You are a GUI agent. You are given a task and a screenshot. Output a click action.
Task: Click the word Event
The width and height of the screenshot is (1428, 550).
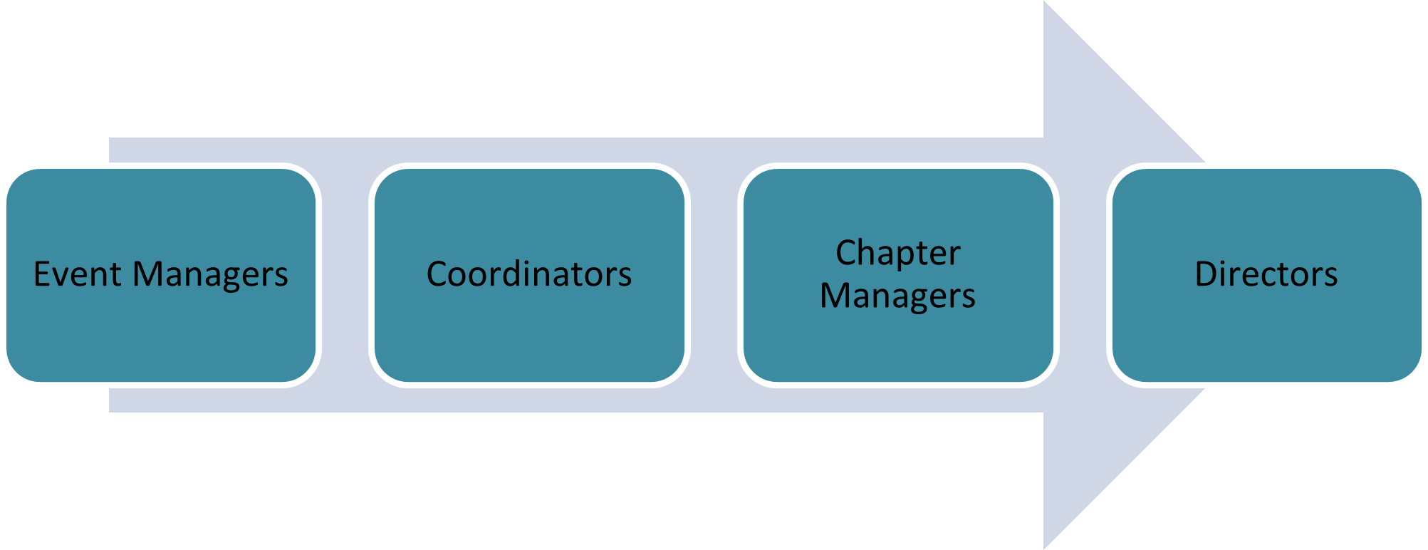(77, 274)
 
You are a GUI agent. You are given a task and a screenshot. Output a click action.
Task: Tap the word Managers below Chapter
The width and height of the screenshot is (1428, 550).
(897, 296)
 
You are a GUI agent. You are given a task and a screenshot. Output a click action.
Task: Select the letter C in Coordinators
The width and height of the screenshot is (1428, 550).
(437, 274)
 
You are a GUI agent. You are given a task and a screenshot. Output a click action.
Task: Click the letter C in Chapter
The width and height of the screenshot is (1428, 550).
(846, 253)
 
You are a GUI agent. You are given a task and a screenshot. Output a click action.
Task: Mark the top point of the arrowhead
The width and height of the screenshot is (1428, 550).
(1045, 3)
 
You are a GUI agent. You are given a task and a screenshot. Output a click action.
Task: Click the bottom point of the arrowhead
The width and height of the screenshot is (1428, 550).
(1045, 547)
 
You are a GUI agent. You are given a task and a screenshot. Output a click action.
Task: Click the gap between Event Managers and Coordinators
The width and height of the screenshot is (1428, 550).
(345, 275)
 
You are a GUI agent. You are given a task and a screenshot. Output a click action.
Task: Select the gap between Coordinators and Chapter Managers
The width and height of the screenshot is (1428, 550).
(714, 275)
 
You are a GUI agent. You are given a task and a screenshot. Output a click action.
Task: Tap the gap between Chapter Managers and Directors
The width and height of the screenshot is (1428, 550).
(1083, 275)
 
